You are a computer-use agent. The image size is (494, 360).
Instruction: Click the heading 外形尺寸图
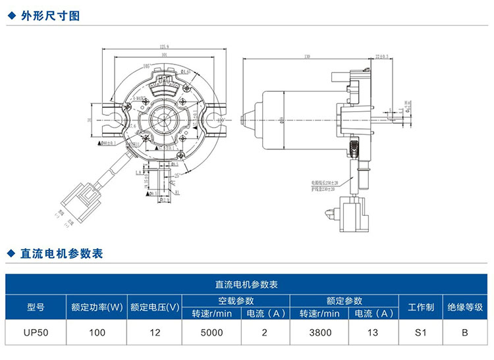tap(49, 15)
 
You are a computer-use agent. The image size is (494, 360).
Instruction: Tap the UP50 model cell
tap(36, 332)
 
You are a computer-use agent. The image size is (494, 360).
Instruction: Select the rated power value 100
tap(97, 332)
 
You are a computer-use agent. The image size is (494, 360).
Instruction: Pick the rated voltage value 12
tap(155, 332)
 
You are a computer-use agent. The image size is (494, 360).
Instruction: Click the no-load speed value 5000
tap(211, 332)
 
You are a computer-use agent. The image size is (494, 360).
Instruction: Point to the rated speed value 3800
tap(319, 332)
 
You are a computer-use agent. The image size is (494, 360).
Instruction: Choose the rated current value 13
tap(373, 332)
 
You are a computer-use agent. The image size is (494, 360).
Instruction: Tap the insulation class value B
tap(465, 332)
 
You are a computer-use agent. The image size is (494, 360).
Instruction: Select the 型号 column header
tap(36, 307)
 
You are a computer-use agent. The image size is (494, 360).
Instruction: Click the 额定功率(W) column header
tap(97, 307)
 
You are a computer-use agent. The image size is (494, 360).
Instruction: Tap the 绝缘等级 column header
tap(465, 307)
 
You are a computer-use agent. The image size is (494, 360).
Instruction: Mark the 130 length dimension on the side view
tap(307, 57)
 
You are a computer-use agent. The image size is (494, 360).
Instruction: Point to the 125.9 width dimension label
tap(165, 47)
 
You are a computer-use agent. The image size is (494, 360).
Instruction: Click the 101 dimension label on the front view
tap(164, 55)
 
